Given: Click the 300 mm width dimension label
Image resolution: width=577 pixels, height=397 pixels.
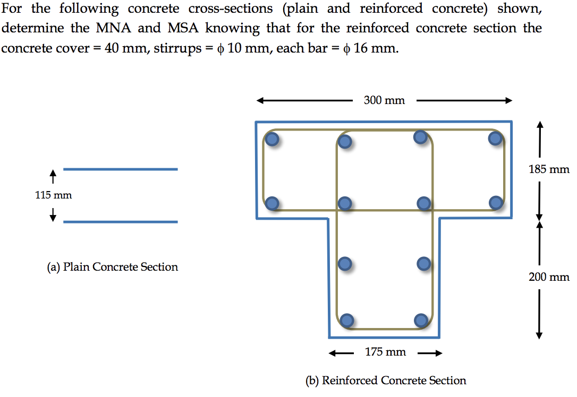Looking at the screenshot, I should click(384, 100).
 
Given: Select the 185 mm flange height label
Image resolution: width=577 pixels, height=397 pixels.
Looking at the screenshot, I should click(549, 170).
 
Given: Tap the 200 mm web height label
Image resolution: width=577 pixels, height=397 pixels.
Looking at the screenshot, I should click(549, 277).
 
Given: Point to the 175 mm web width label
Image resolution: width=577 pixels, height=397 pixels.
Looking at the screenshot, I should click(385, 352).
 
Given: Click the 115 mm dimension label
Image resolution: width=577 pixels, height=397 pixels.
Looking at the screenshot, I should click(53, 195).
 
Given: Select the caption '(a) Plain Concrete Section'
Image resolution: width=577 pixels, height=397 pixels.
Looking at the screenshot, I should click(112, 267).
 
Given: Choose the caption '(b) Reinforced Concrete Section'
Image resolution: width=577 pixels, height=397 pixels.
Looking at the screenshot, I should click(386, 381).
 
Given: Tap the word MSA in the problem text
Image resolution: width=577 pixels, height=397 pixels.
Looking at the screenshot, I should click(184, 29).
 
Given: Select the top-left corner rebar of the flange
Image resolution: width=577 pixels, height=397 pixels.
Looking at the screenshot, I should click(272, 140).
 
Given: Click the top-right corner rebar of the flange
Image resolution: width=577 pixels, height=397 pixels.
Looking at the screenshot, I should click(495, 139).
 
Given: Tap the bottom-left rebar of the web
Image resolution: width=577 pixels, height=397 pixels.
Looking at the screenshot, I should click(346, 320).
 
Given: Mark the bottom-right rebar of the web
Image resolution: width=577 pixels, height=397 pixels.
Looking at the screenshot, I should click(420, 320).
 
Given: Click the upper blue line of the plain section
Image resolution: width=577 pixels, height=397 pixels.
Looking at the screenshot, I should click(120, 169).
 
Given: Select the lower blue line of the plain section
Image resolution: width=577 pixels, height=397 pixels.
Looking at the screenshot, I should click(120, 221).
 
